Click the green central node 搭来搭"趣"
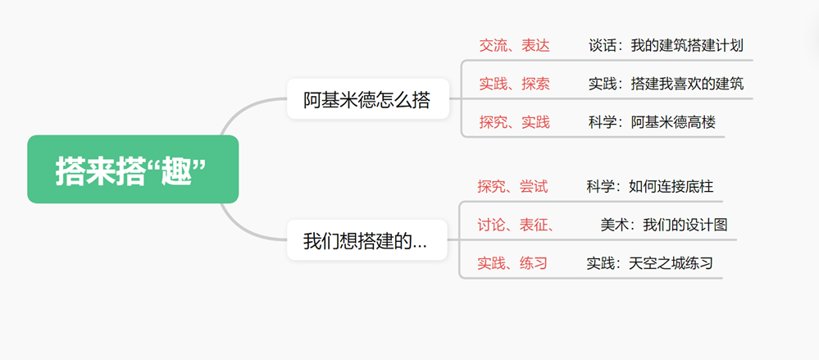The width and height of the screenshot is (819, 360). (x=133, y=170)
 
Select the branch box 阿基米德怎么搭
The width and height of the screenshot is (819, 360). (x=367, y=100)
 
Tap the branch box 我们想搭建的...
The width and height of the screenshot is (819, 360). (x=366, y=241)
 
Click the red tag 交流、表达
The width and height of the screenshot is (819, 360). (x=514, y=45)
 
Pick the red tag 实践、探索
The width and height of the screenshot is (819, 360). (x=514, y=84)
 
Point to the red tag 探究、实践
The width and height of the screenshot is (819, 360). (x=514, y=122)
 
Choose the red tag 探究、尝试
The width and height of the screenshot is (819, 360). (x=512, y=186)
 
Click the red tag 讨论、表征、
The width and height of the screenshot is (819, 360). (x=516, y=225)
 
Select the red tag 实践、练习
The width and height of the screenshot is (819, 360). (x=512, y=263)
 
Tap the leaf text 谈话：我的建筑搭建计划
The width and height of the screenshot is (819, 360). (x=666, y=45)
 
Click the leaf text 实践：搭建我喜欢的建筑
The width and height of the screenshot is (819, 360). (x=666, y=84)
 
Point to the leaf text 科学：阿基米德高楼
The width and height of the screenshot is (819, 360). (x=652, y=122)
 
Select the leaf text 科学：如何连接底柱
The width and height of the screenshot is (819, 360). (x=649, y=186)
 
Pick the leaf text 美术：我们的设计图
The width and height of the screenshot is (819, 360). (x=663, y=225)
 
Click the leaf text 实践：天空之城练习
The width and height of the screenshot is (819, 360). (x=649, y=263)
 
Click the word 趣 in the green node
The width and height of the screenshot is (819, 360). (x=176, y=171)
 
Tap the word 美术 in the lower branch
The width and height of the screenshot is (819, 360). (x=614, y=225)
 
